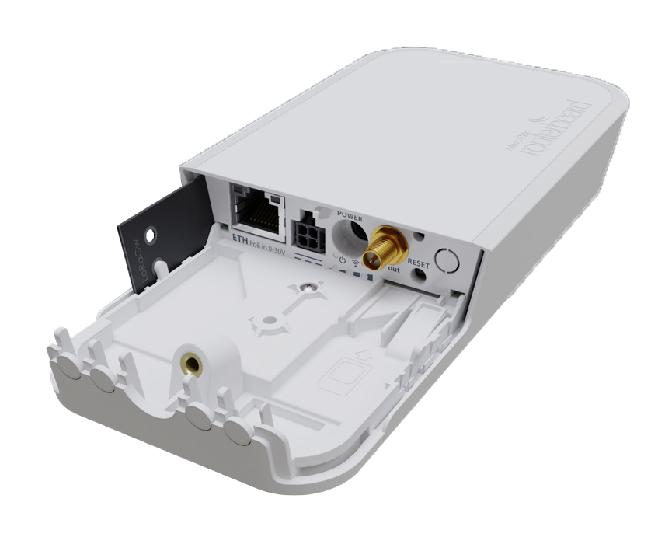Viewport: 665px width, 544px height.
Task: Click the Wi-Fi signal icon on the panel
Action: pyautogui.click(x=356, y=261)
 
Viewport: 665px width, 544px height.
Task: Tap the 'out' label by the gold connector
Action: pyautogui.click(x=394, y=269)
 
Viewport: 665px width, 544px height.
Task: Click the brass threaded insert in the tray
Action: pyautogui.click(x=188, y=362)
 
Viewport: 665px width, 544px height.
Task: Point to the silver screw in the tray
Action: pyautogui.click(x=309, y=286)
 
